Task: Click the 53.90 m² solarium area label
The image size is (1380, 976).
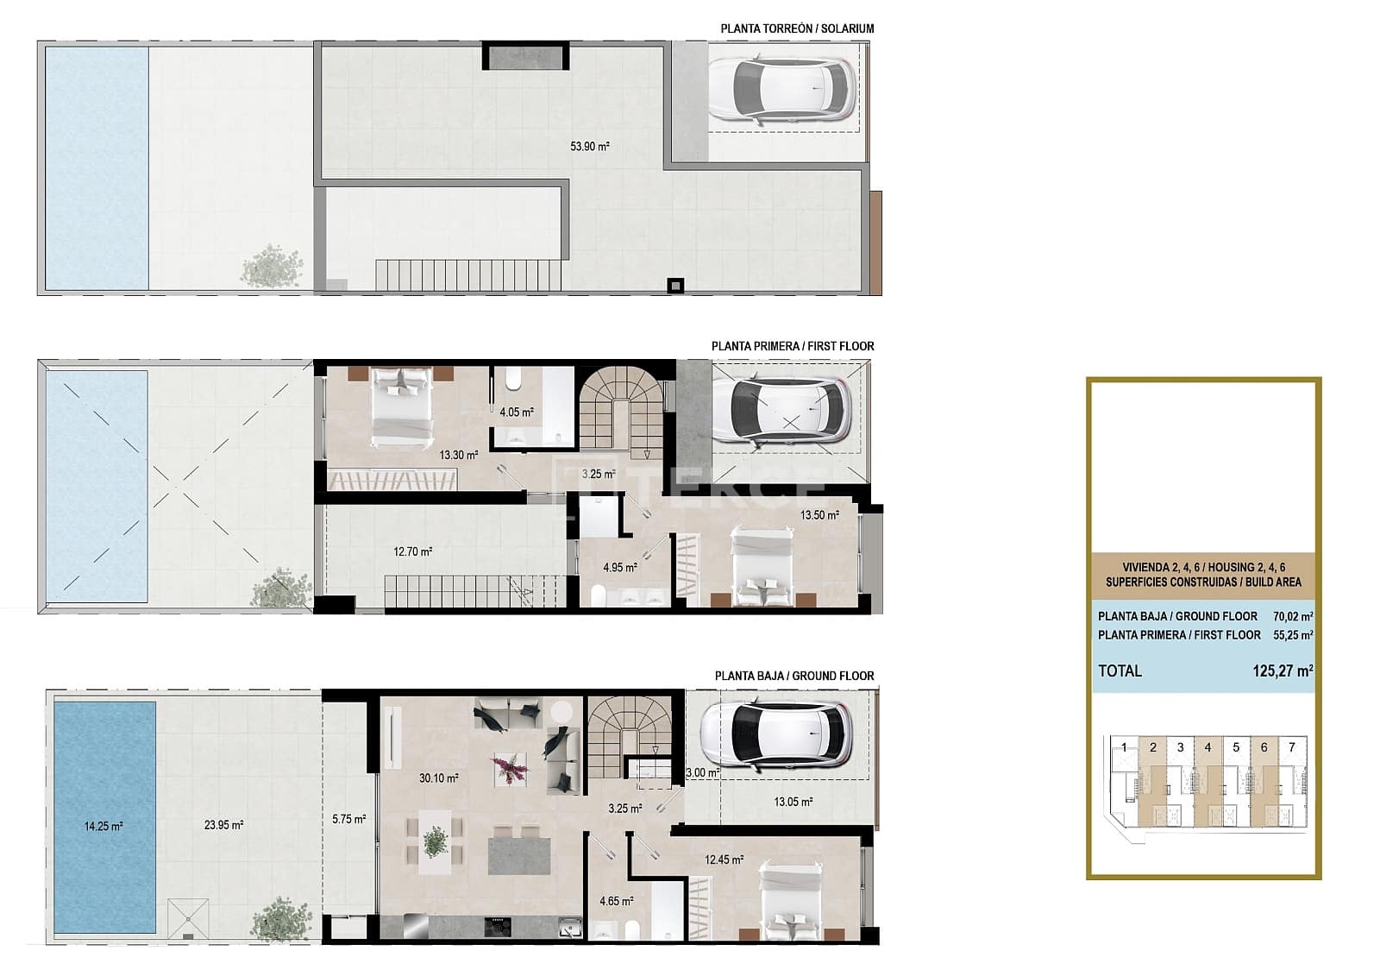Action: click(589, 147)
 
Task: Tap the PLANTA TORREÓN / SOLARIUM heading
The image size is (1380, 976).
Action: click(797, 28)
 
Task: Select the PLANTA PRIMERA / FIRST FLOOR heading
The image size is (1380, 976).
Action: click(792, 346)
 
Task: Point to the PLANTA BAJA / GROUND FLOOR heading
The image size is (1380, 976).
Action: click(793, 676)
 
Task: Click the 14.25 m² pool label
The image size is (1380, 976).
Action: click(103, 826)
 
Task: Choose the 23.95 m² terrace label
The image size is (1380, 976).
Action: click(223, 825)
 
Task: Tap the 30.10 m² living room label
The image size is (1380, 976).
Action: click(438, 778)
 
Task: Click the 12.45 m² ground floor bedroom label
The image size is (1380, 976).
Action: click(724, 860)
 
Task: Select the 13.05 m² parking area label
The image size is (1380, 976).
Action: click(793, 802)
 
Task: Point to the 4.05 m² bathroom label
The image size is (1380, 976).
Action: click(516, 412)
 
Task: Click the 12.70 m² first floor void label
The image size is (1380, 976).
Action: click(412, 551)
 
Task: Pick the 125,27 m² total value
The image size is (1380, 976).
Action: click(1283, 671)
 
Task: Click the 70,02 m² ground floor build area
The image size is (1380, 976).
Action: click(1293, 616)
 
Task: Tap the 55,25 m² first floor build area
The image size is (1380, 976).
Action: click(1293, 634)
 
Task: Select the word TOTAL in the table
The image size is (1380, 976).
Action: click(1120, 671)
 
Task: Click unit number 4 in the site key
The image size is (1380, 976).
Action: click(1207, 747)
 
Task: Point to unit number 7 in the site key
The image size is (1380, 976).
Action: click(1291, 747)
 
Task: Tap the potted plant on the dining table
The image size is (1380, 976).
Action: click(436, 841)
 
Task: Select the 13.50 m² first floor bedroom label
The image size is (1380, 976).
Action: click(819, 515)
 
